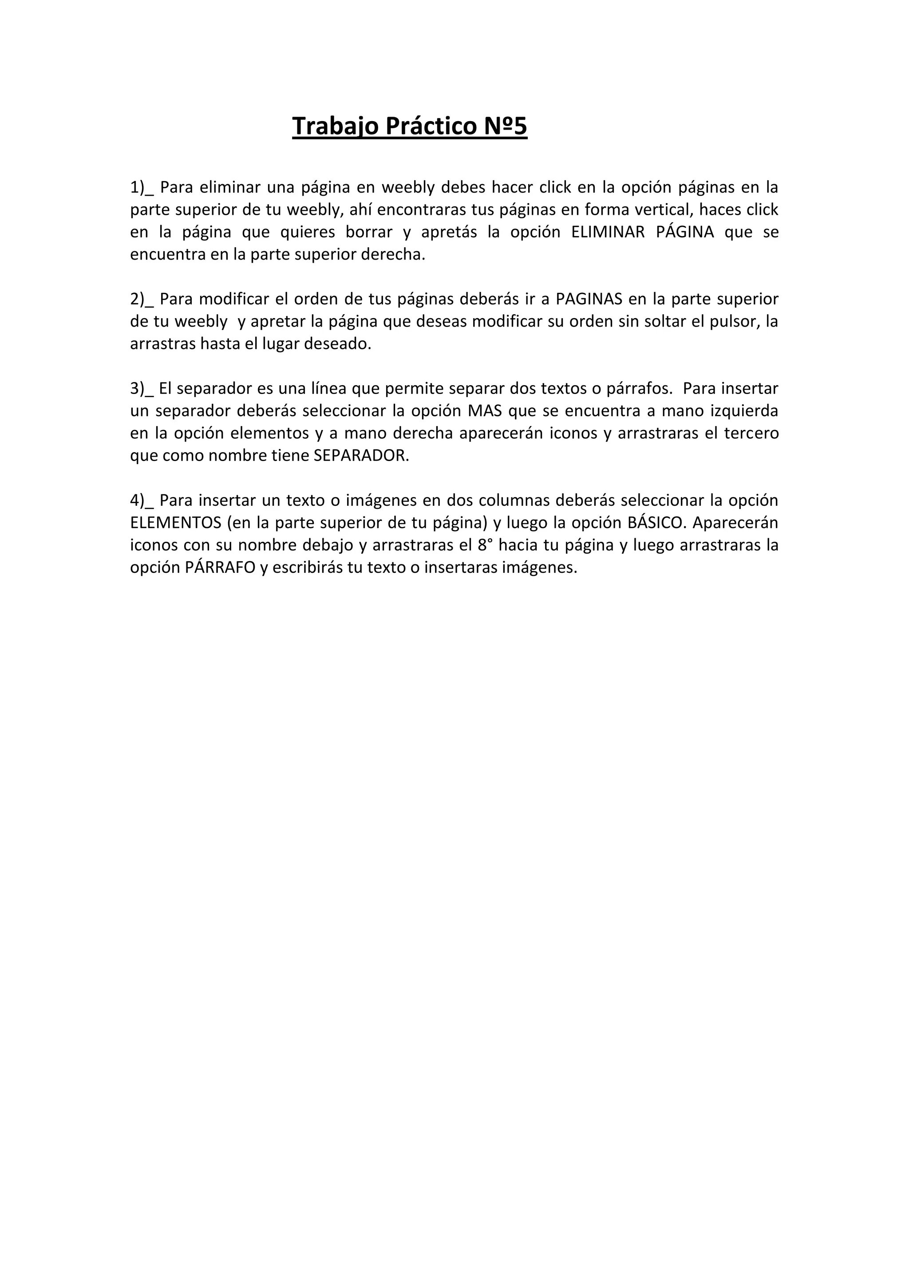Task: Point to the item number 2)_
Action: pos(142,299)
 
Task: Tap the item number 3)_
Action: pos(142,388)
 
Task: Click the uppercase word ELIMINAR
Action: pos(608,232)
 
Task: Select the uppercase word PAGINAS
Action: pos(589,299)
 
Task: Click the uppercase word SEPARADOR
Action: pos(360,456)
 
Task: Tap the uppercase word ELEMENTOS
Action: pos(176,523)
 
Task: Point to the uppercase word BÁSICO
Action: pos(656,523)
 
